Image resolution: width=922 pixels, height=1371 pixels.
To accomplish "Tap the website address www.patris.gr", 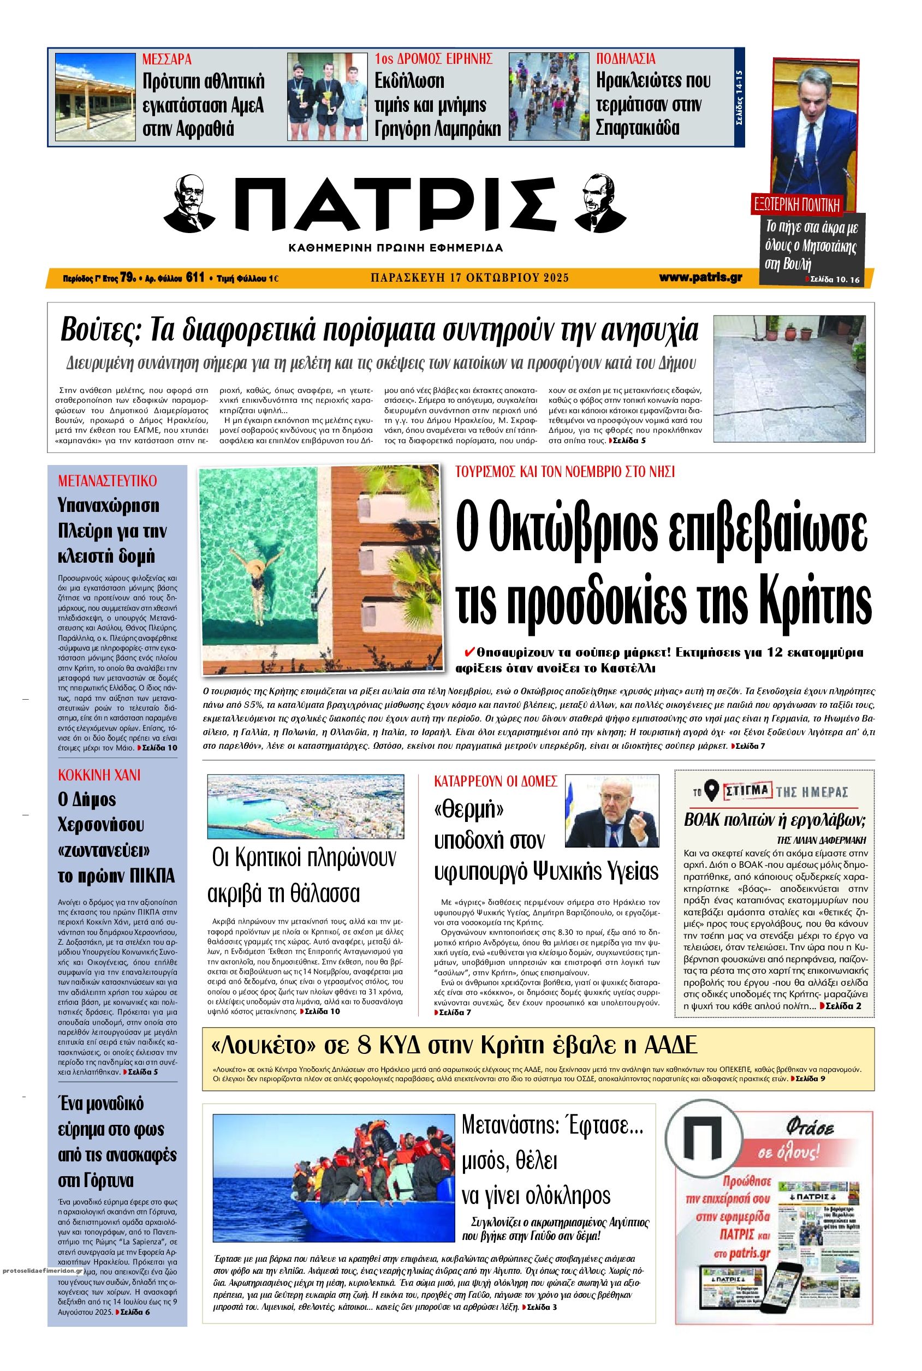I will tap(700, 277).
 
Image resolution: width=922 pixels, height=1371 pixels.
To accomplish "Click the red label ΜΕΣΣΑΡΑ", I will tap(167, 59).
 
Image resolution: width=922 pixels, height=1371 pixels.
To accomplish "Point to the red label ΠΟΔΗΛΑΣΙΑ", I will tap(626, 59).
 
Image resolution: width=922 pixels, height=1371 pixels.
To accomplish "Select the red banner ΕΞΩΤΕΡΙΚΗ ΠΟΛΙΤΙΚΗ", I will tap(798, 205).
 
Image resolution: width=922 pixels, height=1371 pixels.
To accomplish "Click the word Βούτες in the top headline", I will tap(97, 331).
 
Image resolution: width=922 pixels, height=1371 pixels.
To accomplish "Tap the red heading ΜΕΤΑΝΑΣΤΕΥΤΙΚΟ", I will tap(108, 481).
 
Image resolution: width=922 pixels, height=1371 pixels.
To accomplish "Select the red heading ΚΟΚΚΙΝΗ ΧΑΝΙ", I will tap(99, 775).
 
